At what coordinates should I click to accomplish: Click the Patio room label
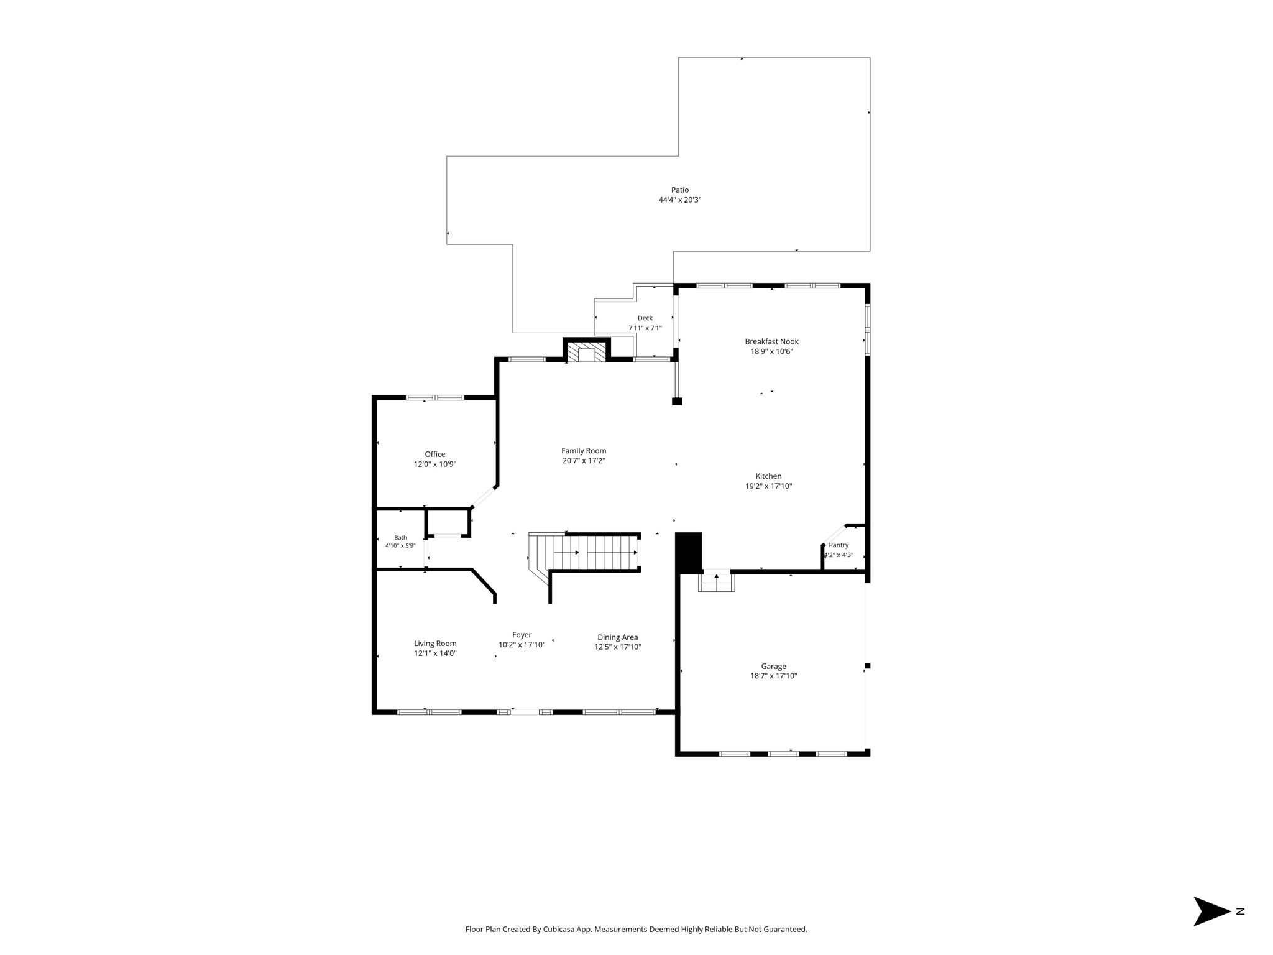coord(679,190)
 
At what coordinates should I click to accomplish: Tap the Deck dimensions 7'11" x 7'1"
coord(645,328)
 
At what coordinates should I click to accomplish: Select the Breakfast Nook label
coord(771,341)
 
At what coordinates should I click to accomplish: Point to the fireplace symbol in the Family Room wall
coord(587,351)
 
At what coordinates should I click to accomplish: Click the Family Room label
coord(584,451)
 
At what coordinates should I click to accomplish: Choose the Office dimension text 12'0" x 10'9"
coord(435,464)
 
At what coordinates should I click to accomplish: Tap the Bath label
coord(400,538)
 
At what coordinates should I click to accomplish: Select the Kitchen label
coord(768,476)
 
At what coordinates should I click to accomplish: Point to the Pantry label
coord(839,545)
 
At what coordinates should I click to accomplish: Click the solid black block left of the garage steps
coord(688,552)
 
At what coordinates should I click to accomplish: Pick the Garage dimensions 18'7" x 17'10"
coord(773,676)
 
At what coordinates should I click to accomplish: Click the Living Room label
coord(435,644)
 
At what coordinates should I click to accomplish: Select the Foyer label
coord(522,635)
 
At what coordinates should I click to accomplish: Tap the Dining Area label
coord(617,637)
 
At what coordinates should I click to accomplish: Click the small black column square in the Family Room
coord(677,402)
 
